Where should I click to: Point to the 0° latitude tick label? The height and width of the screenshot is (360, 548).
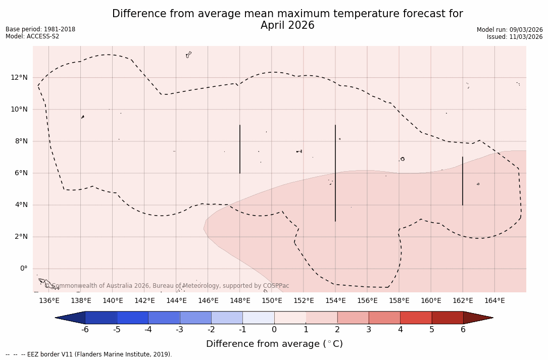tap(23, 269)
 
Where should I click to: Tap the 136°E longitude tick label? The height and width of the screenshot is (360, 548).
tap(49, 301)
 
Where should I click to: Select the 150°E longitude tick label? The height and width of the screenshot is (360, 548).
tap(272, 301)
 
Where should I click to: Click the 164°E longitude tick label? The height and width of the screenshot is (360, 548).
tap(494, 301)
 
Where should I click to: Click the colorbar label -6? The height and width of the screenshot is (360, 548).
tap(85, 330)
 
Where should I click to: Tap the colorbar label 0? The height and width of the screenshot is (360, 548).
tap(274, 330)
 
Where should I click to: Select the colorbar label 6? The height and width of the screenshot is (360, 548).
tap(463, 330)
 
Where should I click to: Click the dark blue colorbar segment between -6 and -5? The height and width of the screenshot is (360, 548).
tap(101, 318)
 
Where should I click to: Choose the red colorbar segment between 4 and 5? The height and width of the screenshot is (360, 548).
tap(416, 318)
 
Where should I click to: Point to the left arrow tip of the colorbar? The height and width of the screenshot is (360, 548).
tap(57, 318)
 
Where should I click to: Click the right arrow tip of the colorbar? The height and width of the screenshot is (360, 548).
tap(491, 318)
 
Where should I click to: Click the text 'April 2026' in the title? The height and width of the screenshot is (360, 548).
tap(287, 25)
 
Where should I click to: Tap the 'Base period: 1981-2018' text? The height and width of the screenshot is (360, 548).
tap(40, 29)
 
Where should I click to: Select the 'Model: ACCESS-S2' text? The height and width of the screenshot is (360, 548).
tap(32, 36)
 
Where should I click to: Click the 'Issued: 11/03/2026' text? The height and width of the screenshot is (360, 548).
tap(515, 37)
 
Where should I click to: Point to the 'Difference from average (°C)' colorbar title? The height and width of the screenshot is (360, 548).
tap(274, 344)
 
